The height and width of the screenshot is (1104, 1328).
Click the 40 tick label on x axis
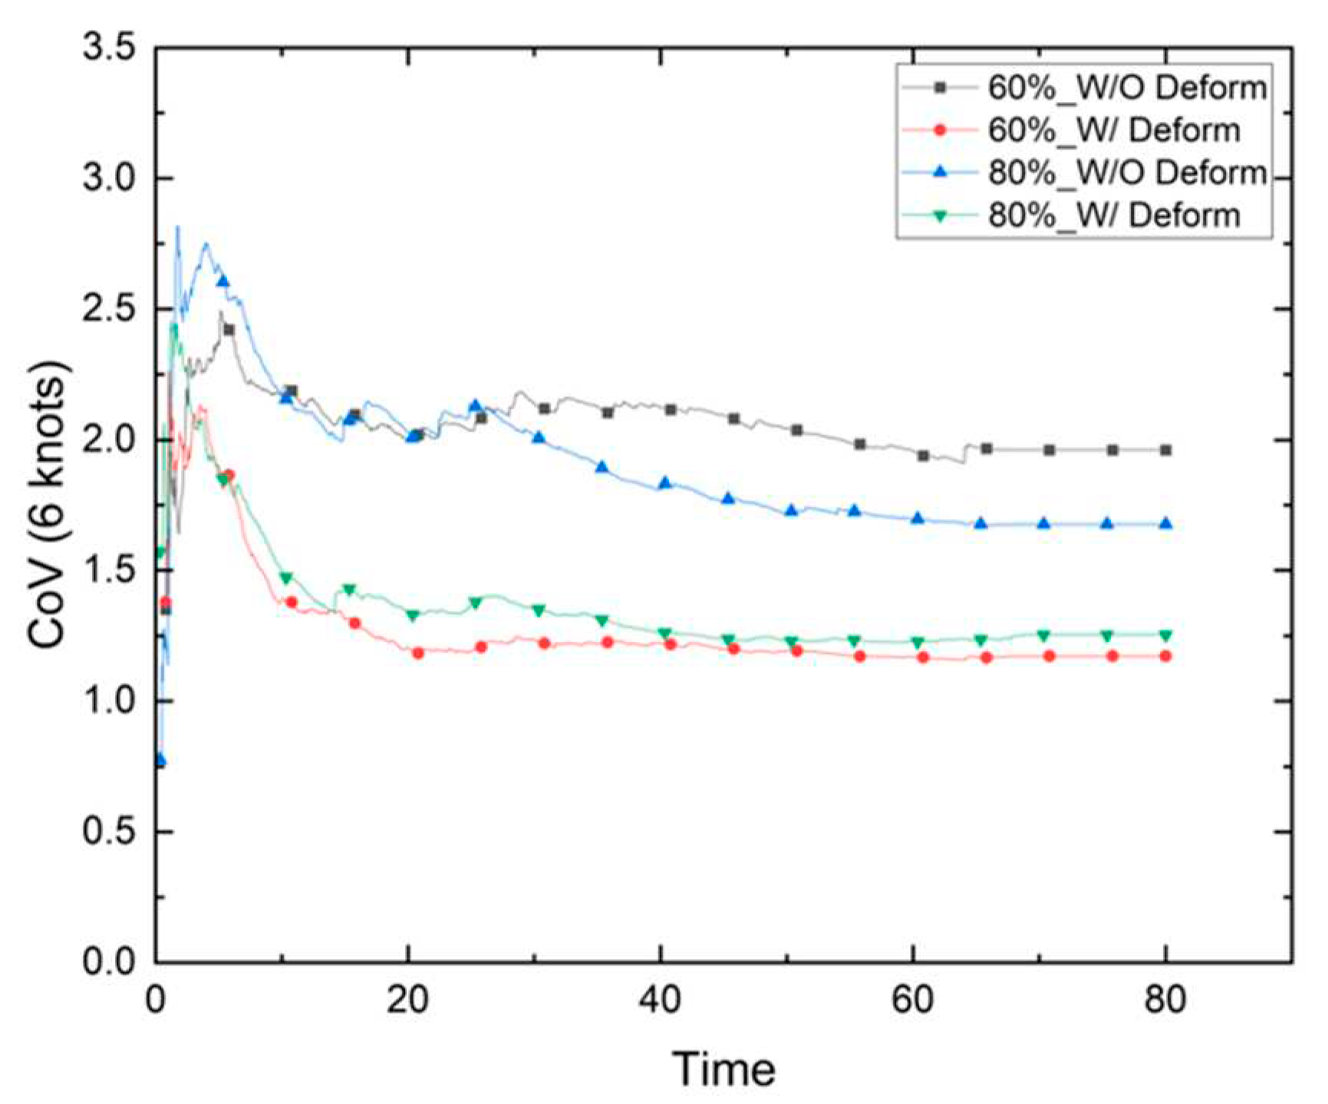point(661,999)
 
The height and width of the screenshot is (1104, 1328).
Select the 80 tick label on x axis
point(1165,999)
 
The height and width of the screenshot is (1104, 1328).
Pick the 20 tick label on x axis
point(408,999)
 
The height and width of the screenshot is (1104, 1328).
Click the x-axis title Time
point(723,1068)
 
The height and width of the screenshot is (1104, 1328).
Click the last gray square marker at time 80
point(1165,450)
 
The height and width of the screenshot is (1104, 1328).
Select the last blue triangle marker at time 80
point(1165,524)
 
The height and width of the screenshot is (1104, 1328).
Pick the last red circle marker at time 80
point(1165,656)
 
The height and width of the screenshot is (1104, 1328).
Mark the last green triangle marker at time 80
point(1165,635)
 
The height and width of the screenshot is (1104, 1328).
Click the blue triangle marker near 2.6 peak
point(222,281)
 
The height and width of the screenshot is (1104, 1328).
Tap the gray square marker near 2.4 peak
point(228,330)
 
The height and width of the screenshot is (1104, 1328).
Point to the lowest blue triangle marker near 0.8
point(160,760)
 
